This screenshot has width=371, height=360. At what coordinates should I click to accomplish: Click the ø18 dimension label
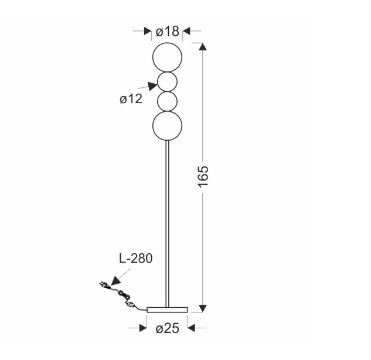[x=167, y=32]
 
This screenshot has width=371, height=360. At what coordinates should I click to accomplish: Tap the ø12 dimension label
[x=131, y=99]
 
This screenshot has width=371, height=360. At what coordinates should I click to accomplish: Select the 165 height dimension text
[x=203, y=177]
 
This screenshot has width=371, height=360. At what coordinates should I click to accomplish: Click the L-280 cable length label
[x=135, y=259]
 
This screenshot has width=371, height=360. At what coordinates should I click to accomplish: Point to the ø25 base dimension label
[x=167, y=328]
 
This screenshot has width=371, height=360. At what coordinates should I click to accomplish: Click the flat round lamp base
[x=167, y=310]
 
